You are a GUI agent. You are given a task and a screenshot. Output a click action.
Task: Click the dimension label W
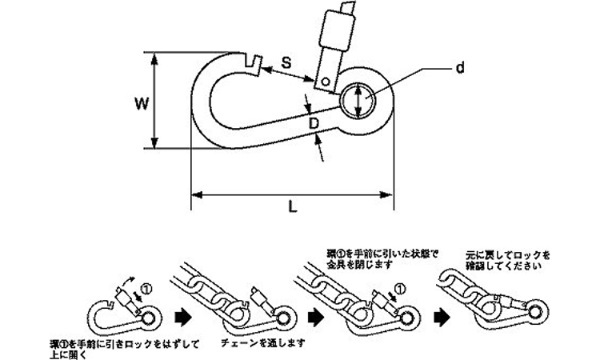click(141, 102)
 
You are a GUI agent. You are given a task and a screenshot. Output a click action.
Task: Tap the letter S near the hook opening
click(286, 62)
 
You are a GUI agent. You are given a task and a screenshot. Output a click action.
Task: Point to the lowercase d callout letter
click(459, 68)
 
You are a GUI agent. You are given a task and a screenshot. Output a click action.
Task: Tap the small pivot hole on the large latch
click(326, 81)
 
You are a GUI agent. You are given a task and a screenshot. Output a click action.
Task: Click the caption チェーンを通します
click(251, 342)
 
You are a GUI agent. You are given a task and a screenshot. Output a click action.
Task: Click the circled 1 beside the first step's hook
click(145, 287)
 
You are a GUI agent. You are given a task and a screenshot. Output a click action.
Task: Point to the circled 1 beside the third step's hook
click(400, 287)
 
